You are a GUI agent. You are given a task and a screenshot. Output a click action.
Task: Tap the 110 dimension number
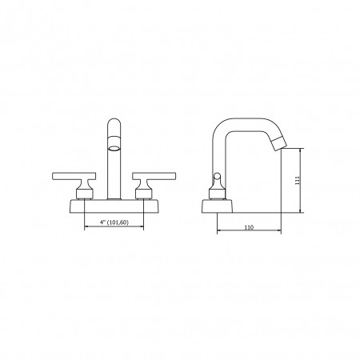click(x=249, y=227)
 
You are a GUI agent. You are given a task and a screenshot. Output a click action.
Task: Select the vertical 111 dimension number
click(x=298, y=181)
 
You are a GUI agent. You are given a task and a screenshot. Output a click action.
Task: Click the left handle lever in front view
click(x=74, y=176)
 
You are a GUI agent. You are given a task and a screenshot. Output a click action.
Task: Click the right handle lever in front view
click(x=154, y=176)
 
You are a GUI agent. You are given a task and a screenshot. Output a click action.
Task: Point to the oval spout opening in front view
click(x=114, y=148)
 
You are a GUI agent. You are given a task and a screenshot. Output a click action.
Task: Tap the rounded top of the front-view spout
click(x=114, y=123)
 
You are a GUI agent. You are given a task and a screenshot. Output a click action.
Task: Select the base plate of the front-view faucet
click(x=114, y=206)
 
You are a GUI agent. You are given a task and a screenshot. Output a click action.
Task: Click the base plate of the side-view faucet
click(x=217, y=206)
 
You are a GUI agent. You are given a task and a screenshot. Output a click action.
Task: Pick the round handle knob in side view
click(x=218, y=176)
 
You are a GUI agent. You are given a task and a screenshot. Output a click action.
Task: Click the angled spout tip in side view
click(x=279, y=142)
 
